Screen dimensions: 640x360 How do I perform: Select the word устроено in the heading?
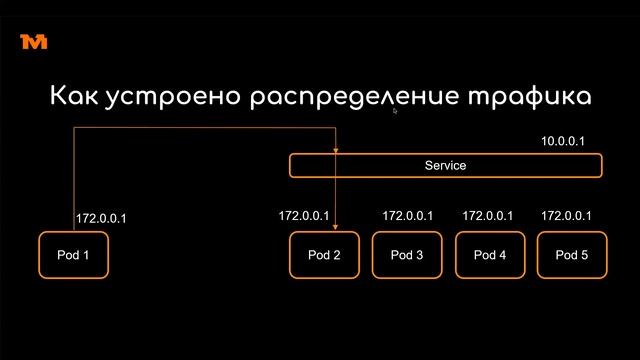click(164, 97)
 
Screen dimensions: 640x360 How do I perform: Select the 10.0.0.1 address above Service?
click(562, 142)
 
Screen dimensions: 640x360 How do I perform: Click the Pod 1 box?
click(73, 254)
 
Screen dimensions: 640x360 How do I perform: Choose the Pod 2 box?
click(324, 254)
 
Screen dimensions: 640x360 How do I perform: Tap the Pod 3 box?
click(407, 254)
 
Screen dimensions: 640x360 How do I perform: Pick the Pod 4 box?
click(489, 254)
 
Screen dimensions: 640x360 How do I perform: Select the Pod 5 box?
click(571, 254)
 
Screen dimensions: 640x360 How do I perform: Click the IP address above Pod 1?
click(101, 218)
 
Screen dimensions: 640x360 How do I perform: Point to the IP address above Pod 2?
click(303, 215)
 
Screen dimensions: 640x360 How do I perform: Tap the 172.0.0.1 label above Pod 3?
click(407, 215)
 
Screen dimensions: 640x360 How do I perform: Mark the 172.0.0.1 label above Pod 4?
click(487, 215)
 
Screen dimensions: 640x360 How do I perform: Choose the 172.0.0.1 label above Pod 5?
click(566, 215)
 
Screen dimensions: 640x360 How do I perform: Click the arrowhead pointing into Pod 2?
click(335, 227)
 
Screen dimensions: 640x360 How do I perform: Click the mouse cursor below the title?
click(395, 112)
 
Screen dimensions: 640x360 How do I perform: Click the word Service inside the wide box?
click(446, 165)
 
